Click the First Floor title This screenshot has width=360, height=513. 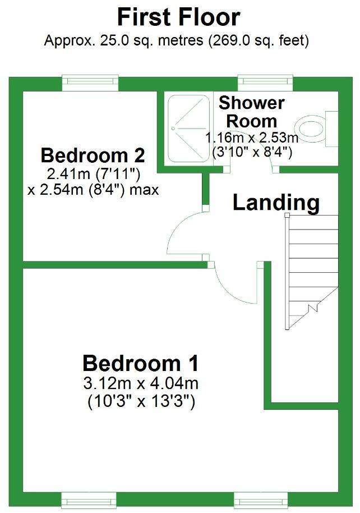(179, 17)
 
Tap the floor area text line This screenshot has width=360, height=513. (177, 41)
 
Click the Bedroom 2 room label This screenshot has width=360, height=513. (93, 154)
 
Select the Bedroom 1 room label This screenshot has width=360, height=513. (140, 363)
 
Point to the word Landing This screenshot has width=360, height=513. (276, 202)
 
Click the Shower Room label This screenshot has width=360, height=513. (251, 112)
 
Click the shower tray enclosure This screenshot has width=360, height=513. (188, 129)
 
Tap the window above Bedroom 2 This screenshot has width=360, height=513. (90, 83)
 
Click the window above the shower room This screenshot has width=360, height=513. (265, 83)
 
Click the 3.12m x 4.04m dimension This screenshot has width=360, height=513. (140, 384)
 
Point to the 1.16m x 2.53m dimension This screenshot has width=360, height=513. (251, 138)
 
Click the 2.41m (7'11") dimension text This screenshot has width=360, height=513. (93, 172)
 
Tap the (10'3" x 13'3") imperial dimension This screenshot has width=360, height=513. (140, 402)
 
